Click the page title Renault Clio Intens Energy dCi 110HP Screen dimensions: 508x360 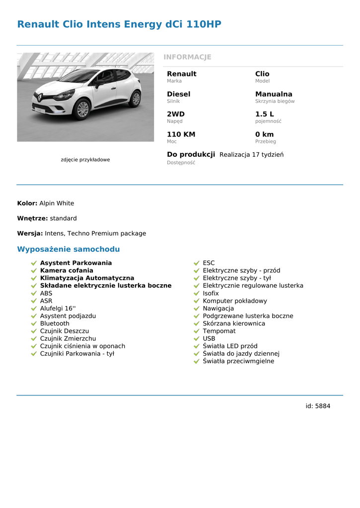(x=119, y=24)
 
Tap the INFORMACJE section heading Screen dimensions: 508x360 (x=187, y=57)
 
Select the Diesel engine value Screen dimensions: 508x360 (x=178, y=94)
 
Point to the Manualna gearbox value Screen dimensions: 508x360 (x=274, y=94)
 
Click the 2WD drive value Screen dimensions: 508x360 (x=175, y=114)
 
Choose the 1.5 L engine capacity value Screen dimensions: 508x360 (x=264, y=114)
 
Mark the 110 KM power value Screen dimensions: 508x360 (x=181, y=134)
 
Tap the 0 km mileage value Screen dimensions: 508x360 (x=264, y=134)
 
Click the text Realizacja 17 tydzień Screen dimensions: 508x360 (x=251, y=155)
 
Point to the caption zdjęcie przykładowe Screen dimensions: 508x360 (x=85, y=160)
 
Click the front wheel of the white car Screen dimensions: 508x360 (x=82, y=110)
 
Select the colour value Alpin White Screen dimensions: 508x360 (x=57, y=203)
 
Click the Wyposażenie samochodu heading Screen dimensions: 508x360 (x=69, y=249)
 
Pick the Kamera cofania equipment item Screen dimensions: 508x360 (x=67, y=271)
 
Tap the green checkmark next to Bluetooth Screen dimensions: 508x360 (x=34, y=324)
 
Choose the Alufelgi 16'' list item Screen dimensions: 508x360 (x=58, y=309)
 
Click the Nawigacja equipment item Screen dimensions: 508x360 (x=218, y=309)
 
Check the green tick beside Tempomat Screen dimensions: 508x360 (x=197, y=331)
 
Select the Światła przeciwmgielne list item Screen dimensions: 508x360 (x=238, y=361)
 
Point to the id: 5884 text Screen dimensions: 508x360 (x=318, y=406)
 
